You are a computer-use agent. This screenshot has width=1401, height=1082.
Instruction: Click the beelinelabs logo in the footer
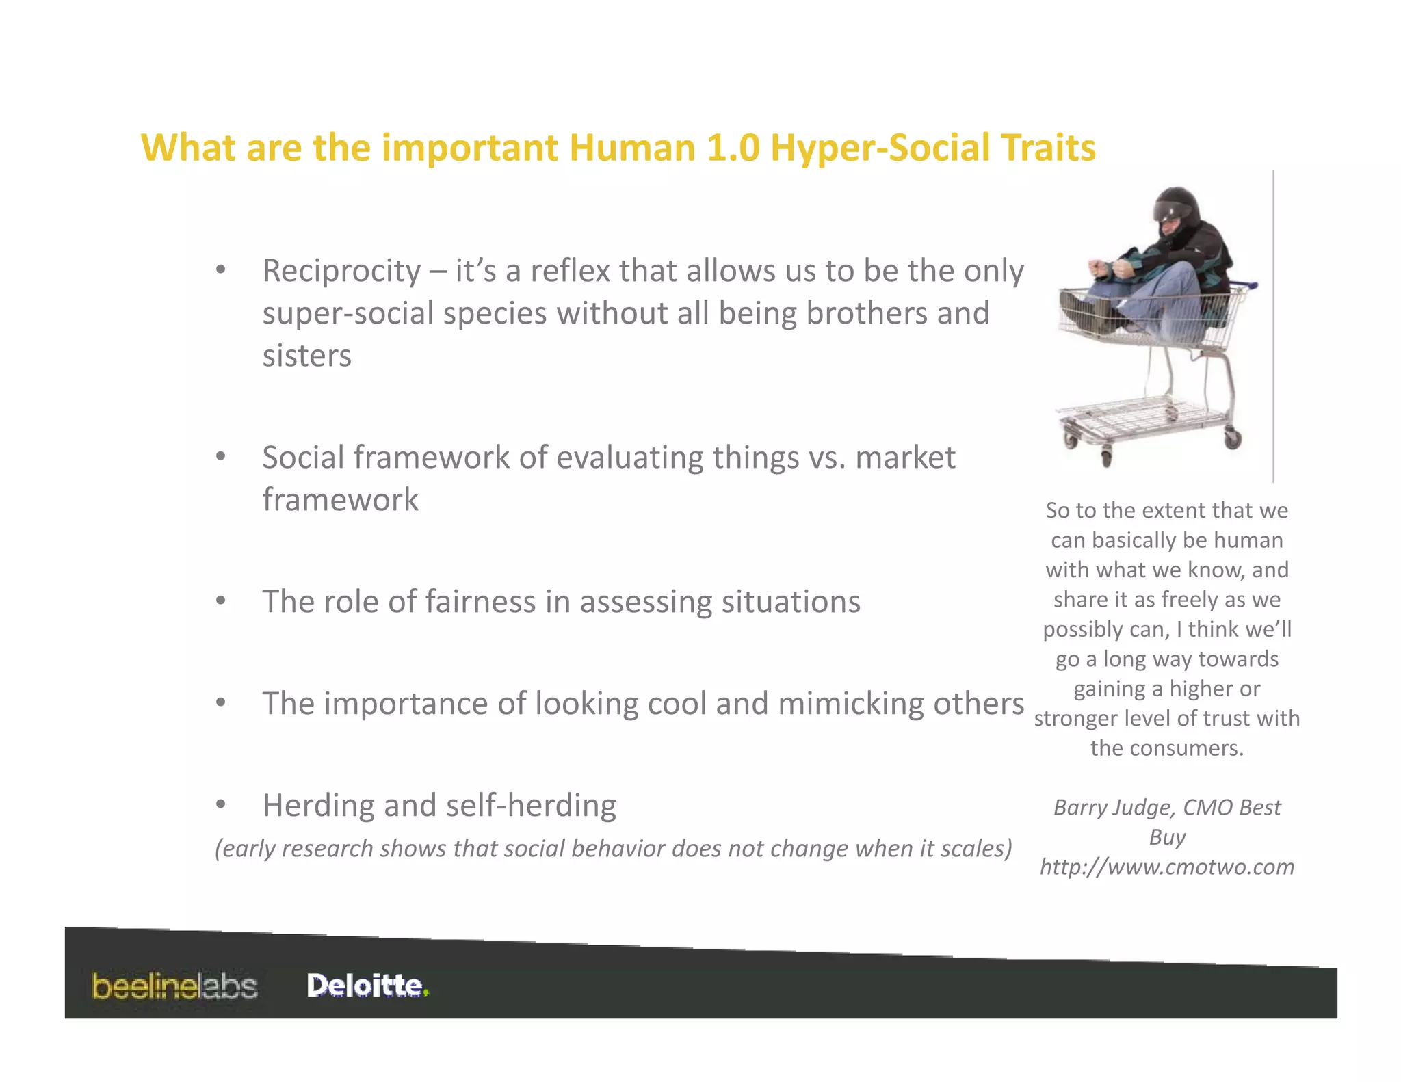174,986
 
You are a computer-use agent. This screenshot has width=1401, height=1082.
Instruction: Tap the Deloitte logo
367,986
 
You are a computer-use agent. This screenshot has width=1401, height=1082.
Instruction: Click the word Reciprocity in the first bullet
341,272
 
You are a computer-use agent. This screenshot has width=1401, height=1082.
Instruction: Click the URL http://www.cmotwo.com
1167,867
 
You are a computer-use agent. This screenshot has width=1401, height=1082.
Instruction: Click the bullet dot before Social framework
220,456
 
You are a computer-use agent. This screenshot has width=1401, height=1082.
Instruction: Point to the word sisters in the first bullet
306,356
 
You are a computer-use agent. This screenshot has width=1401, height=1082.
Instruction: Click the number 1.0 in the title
733,148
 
